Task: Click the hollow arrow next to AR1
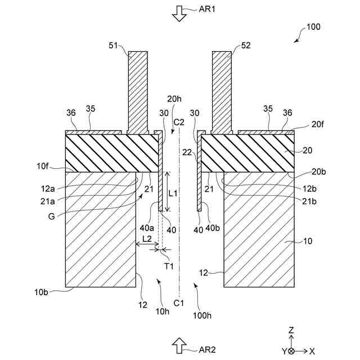coord(179,12)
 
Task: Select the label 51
coord(114,47)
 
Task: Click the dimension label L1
coord(173,192)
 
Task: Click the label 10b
coord(40,291)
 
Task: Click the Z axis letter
coord(291,330)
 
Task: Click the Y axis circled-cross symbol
coord(291,351)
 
